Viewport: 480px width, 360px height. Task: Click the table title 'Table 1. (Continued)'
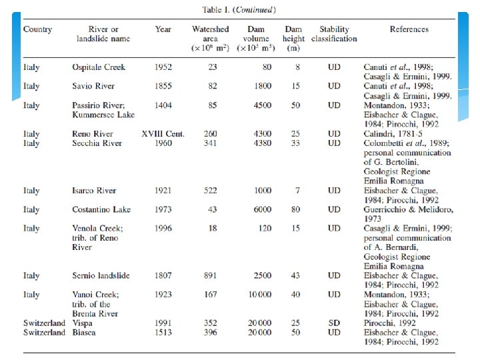coord(239,10)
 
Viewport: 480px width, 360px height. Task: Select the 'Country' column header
coord(37,29)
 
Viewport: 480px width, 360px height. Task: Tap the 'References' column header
coord(409,29)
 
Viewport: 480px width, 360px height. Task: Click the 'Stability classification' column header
coord(334,34)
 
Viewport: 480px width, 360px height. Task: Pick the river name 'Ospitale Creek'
coord(98,67)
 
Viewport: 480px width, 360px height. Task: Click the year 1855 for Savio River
coord(163,86)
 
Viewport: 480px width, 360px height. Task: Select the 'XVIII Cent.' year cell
coord(163,134)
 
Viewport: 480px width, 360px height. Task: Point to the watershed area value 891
coord(211,275)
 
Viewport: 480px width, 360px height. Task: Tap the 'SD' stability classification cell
coord(334,323)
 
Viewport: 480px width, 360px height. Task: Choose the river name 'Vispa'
coord(83,323)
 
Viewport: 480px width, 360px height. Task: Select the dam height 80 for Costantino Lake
coord(295,209)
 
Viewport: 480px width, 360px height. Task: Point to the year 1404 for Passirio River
coord(163,105)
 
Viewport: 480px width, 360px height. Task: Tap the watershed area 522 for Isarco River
coord(211,191)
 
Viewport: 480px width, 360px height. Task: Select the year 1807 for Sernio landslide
coord(163,275)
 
